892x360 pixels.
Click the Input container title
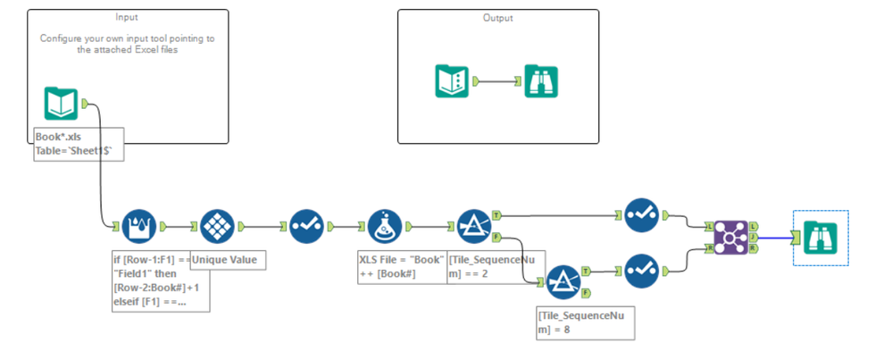click(128, 17)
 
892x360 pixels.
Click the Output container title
click(498, 17)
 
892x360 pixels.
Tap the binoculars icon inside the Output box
click(542, 81)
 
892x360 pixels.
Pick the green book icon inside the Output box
click(451, 81)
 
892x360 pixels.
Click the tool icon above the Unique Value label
click(217, 227)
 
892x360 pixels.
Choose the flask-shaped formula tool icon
click(386, 227)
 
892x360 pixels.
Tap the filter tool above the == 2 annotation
click(473, 227)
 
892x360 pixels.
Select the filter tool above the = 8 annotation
click(563, 281)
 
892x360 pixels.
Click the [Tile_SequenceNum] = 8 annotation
click(584, 322)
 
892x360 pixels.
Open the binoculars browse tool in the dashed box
click(820, 238)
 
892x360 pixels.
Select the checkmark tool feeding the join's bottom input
click(643, 270)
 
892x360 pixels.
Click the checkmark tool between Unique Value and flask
click(305, 227)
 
